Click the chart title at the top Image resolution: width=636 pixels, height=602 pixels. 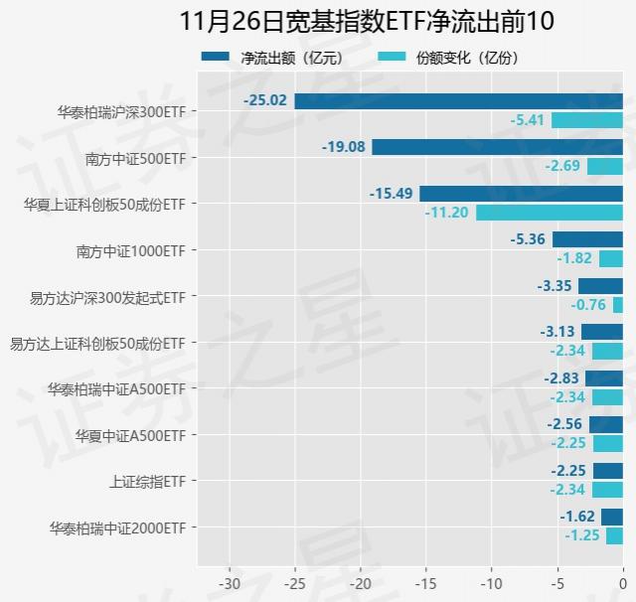(367, 21)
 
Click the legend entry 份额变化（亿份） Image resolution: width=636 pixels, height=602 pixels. (448, 58)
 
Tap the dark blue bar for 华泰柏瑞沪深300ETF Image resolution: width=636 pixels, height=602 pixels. (458, 100)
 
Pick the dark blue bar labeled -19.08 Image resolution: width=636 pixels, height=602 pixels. (497, 147)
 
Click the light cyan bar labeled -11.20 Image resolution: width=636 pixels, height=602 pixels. (549, 213)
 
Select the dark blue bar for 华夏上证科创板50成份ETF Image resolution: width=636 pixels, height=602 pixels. (521, 194)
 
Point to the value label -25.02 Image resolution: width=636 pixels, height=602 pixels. (265, 100)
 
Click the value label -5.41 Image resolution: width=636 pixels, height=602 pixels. (527, 120)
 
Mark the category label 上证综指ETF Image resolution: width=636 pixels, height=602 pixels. (147, 482)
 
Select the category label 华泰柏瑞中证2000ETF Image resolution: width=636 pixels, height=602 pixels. (116, 527)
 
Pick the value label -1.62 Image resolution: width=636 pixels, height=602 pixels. (577, 517)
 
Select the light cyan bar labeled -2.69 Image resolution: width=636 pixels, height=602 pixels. (604, 166)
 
